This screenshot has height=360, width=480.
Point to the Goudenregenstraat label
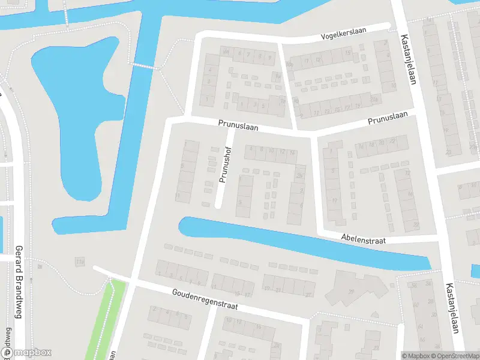click(x=204, y=298)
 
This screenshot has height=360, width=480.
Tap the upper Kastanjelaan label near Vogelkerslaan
click(x=407, y=59)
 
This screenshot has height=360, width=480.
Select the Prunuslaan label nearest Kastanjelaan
click(x=388, y=118)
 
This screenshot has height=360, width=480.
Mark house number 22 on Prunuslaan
click(x=393, y=142)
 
